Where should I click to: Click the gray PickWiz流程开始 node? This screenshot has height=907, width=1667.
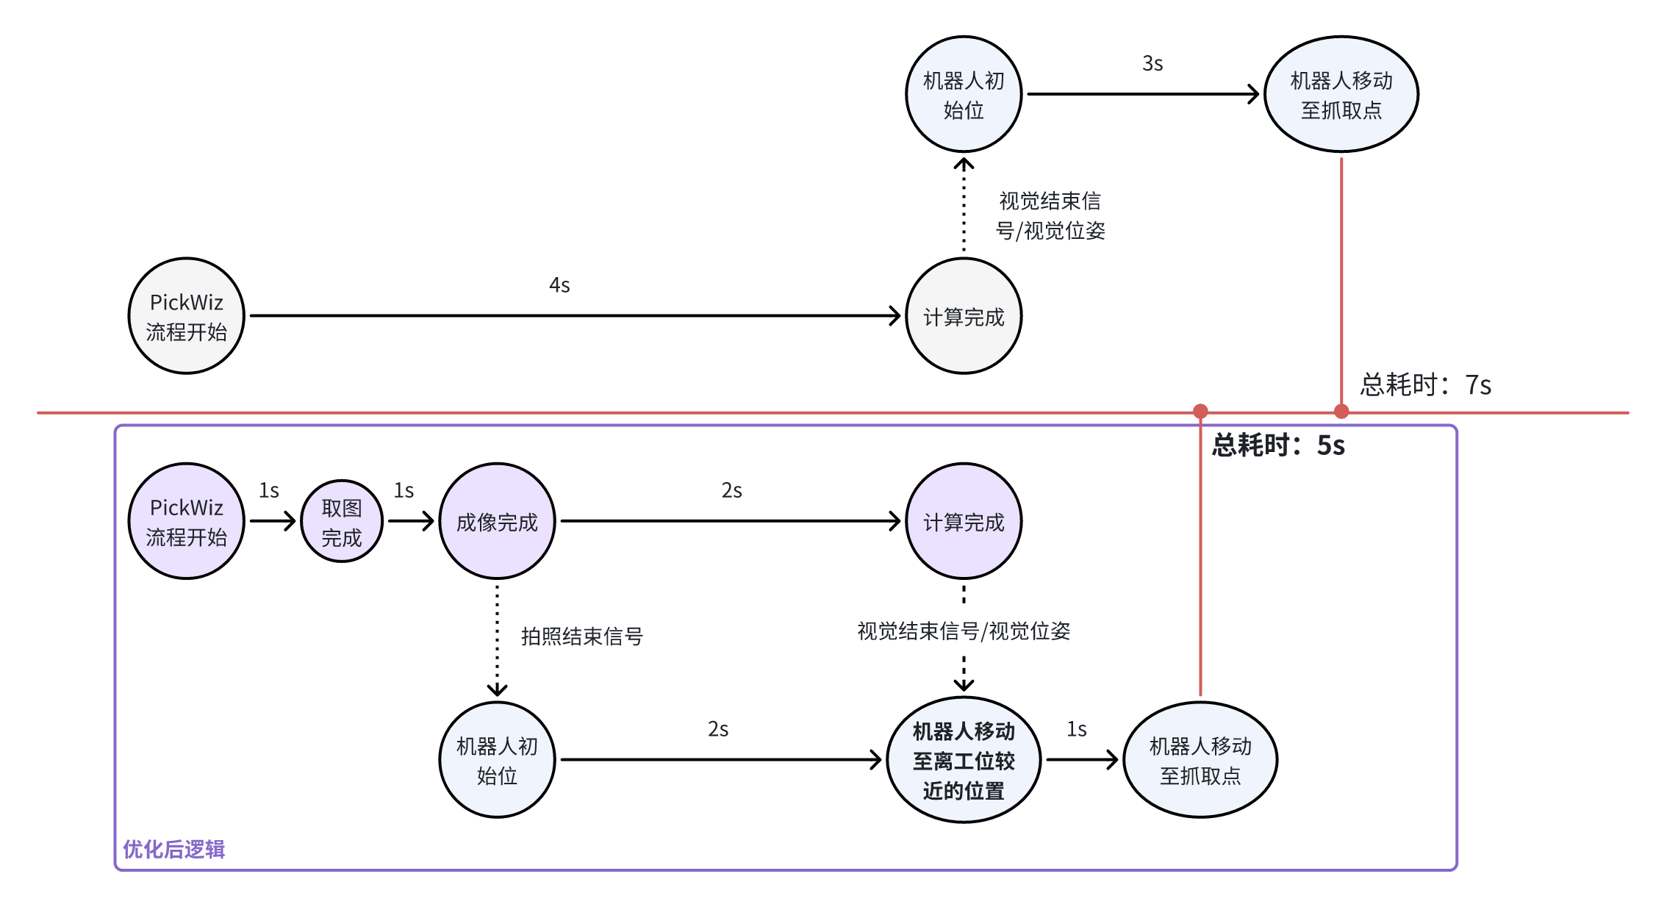point(186,316)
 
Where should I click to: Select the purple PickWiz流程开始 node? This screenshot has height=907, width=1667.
point(186,521)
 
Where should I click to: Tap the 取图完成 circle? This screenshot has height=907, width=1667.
point(342,522)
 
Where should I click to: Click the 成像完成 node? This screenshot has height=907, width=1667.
point(497,521)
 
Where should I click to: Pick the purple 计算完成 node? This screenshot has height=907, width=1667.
point(964,521)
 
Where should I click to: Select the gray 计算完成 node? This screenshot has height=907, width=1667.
point(964,316)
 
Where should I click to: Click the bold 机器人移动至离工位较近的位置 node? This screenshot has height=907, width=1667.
point(964,760)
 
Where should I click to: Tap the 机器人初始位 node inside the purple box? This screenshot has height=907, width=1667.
point(497,760)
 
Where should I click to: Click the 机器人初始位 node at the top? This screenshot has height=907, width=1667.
point(964,94)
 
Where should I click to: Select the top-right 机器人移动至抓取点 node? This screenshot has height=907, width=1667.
point(1341,94)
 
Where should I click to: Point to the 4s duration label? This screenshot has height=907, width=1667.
point(559,285)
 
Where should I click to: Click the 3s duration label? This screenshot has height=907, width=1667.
point(1152,64)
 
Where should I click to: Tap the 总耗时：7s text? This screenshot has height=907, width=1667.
point(1425,384)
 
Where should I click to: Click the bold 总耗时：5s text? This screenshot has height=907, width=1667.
point(1278,445)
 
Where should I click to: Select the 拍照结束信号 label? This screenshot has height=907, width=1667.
point(581,636)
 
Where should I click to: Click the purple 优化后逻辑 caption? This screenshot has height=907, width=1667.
point(174,849)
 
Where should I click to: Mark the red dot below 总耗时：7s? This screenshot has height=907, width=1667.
point(1341,412)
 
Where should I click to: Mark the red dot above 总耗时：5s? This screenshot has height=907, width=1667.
point(1200,411)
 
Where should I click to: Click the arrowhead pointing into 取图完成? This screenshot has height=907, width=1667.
point(291,521)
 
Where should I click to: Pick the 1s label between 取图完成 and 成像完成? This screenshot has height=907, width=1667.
point(404,490)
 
